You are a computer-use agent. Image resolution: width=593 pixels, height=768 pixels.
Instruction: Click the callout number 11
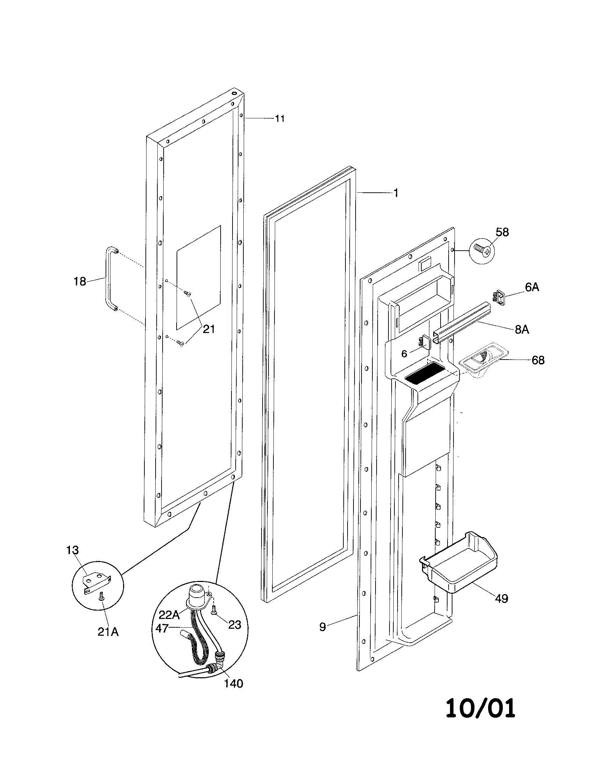(x=280, y=118)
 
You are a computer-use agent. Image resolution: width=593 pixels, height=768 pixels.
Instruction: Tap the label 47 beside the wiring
(x=162, y=628)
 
